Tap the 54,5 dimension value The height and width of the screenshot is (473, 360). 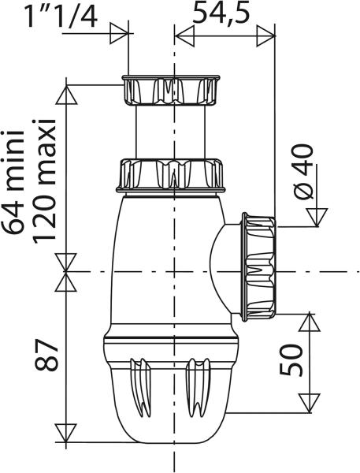(221, 13)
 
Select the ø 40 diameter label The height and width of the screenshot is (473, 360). (303, 172)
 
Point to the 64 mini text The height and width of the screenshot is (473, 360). (13, 182)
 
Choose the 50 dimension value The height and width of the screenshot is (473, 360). (291, 360)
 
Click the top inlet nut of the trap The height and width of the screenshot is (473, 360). (171, 90)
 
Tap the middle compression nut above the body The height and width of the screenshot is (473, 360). (171, 176)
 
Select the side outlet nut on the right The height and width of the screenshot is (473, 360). (258, 266)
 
